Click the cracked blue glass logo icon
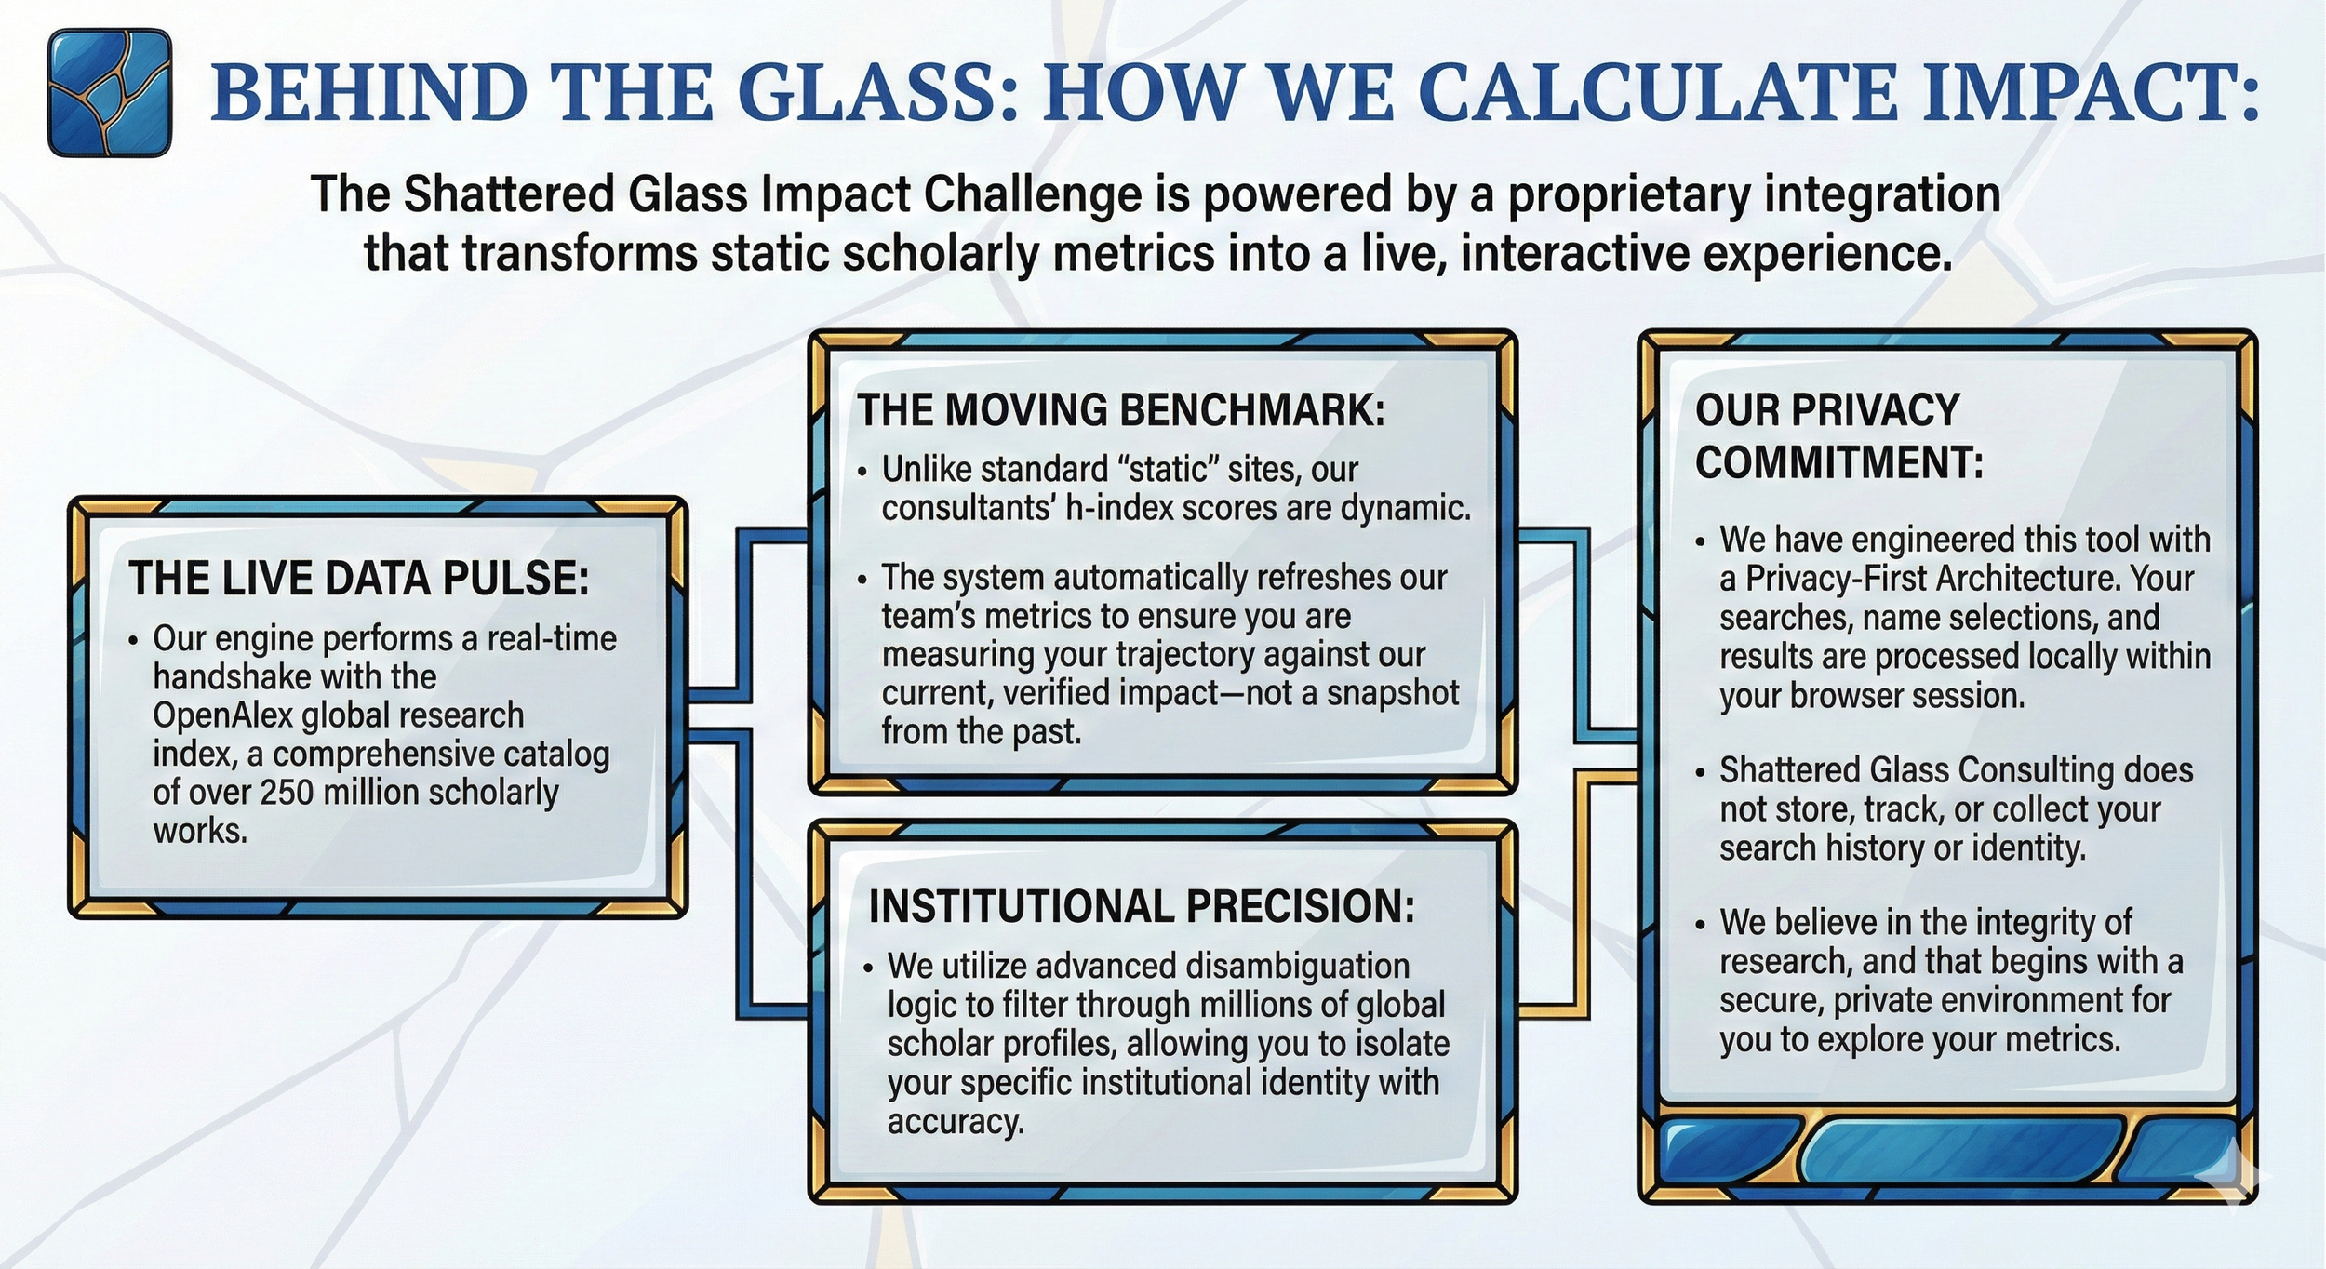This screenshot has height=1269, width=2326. pyautogui.click(x=110, y=93)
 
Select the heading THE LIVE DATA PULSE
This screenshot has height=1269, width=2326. pyautogui.click(x=358, y=579)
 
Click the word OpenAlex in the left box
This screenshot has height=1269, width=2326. pyautogui.click(x=223, y=715)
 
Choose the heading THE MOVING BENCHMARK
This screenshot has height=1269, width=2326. pyautogui.click(x=1121, y=410)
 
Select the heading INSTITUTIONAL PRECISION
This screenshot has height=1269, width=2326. pyautogui.click(x=1142, y=907)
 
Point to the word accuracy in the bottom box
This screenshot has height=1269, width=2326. pyautogui.click(x=955, y=1122)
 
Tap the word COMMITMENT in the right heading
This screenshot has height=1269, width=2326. pyautogui.click(x=1838, y=463)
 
